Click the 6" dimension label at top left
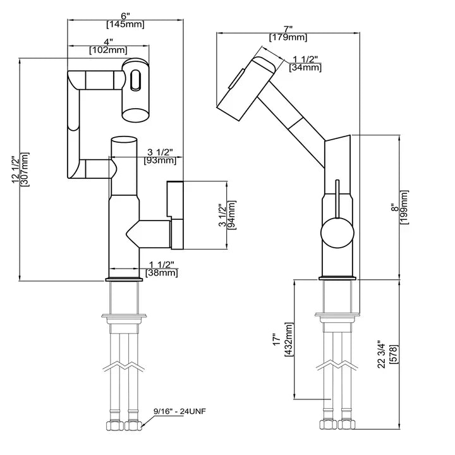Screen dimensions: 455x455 (x=125, y=16)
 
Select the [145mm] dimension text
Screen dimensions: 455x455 (x=125, y=25)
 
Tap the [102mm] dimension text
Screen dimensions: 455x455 (x=108, y=50)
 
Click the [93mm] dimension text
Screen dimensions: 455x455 (x=160, y=161)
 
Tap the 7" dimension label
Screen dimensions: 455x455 (x=288, y=29)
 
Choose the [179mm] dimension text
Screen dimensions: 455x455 (x=288, y=38)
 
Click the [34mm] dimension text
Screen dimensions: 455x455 (x=303, y=68)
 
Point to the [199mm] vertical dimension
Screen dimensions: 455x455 (x=405, y=207)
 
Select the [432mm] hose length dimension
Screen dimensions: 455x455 (x=289, y=340)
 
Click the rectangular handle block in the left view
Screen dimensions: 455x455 (x=176, y=214)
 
